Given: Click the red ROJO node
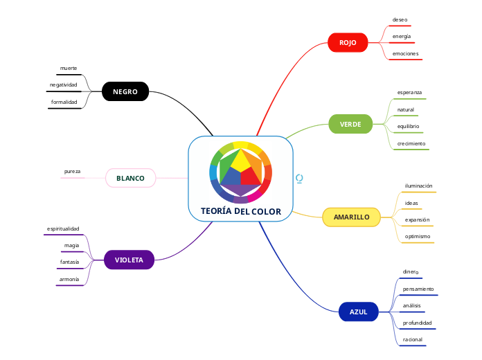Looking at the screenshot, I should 348,43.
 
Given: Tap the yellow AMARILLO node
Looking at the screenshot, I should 351,217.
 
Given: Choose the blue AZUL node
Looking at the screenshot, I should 358,312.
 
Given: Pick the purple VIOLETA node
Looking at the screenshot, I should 129,260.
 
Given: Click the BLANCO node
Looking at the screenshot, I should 130,178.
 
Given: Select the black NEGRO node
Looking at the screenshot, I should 125,91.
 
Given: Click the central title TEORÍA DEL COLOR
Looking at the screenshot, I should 241,211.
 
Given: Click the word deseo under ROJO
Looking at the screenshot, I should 400,19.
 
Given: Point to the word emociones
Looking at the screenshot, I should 405,53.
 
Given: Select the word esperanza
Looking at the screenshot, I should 409,92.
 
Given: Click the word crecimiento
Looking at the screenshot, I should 411,143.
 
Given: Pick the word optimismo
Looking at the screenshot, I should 418,236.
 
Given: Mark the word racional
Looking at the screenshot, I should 412,339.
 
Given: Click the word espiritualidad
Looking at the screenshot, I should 63,228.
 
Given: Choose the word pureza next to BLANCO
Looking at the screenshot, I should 73,171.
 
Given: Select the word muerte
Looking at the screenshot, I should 69,68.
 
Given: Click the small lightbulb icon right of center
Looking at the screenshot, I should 299,179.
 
